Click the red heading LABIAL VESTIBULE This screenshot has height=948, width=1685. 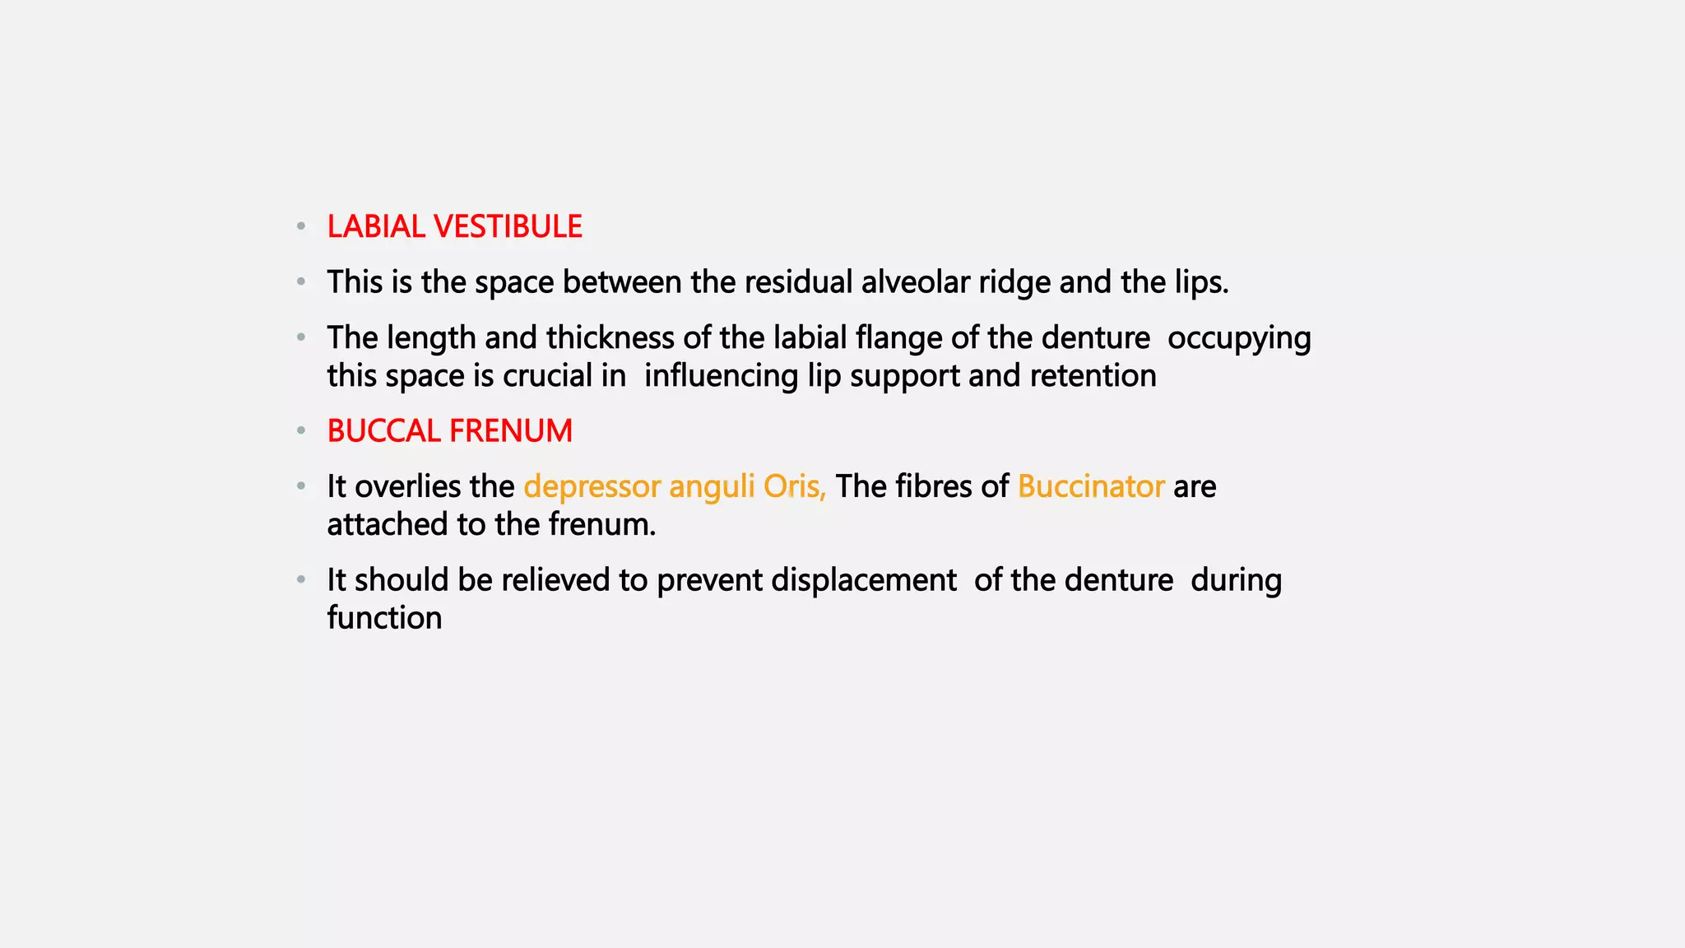454,227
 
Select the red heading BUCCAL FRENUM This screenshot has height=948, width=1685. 449,431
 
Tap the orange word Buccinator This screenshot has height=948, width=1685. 1091,486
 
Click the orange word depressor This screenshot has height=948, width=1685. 592,487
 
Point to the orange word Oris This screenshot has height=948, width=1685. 794,486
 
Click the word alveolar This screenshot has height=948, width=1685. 915,282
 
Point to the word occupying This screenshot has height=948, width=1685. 1239,339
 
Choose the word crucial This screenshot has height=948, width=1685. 547,376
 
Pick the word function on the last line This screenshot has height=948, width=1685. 384,618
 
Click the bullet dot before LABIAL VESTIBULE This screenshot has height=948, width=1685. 301,226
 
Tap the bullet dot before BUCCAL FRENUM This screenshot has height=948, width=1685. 301,430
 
